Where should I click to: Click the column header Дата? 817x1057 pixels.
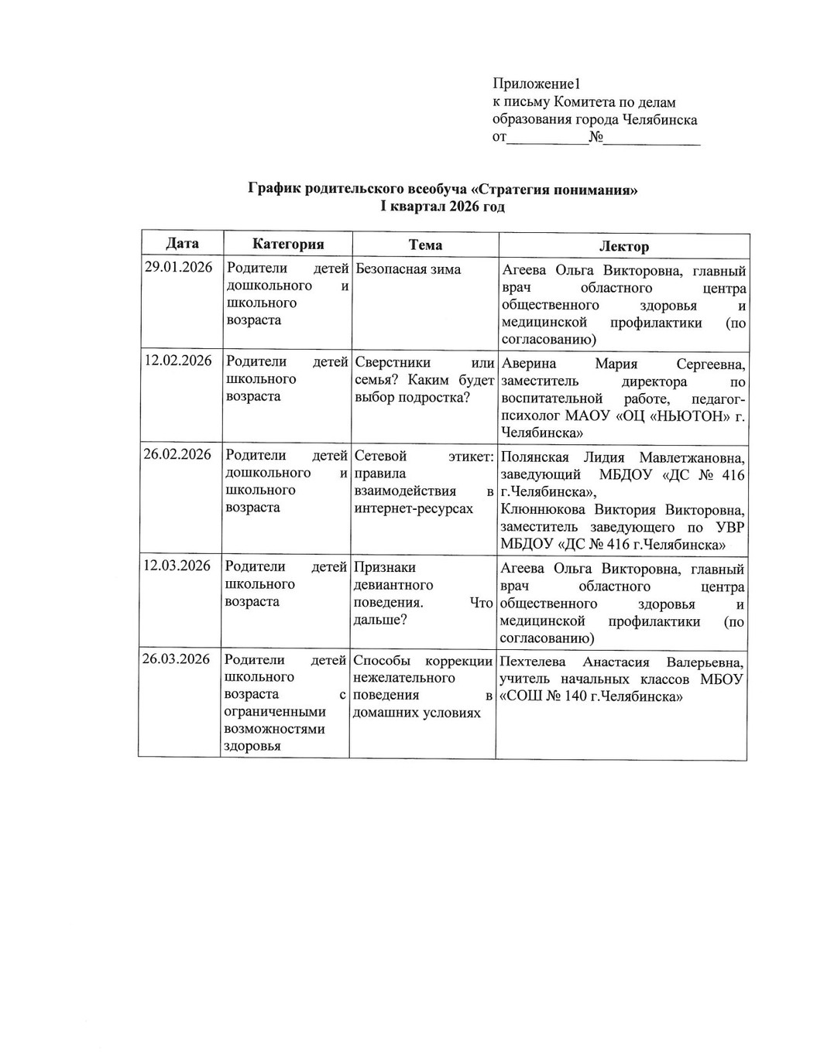182,244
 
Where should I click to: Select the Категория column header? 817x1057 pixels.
288,245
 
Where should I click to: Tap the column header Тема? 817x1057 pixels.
425,245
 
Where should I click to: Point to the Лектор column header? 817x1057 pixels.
623,247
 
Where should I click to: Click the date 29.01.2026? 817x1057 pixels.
179,269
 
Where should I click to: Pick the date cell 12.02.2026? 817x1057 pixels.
179,361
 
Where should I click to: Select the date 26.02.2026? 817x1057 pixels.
177,454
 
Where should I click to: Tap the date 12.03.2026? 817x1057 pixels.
177,566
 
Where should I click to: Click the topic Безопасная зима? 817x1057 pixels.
408,269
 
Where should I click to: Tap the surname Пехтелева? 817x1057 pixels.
533,662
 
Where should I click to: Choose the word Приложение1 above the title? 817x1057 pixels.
536,84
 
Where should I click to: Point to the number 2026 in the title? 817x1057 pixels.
468,207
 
